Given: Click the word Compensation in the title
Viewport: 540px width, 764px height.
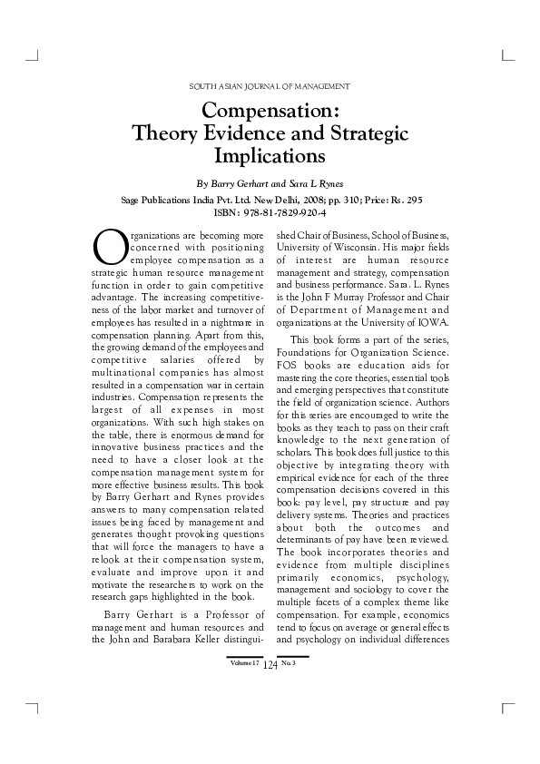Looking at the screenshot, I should (x=270, y=112).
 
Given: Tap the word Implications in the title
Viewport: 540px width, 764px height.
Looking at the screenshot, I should (x=270, y=156).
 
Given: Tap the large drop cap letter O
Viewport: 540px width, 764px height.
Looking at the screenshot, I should (x=108, y=246).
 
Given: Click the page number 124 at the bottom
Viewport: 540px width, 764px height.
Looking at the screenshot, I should (x=270, y=665).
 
